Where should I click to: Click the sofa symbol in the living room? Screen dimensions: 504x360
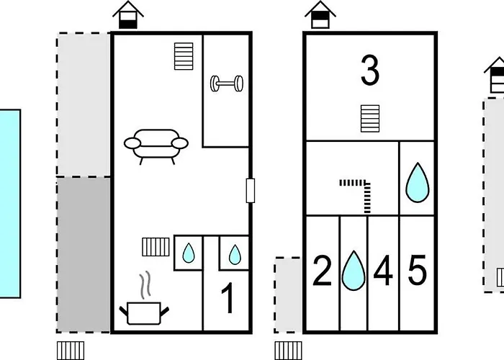[156, 146]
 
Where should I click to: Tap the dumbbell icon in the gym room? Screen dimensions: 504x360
[227, 84]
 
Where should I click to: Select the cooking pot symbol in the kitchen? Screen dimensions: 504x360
[144, 312]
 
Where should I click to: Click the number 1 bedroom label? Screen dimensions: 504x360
[228, 298]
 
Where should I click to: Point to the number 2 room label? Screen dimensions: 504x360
[322, 270]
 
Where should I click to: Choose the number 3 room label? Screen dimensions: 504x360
[370, 70]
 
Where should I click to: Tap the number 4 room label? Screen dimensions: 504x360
[383, 270]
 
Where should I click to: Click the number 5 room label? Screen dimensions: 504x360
[417, 270]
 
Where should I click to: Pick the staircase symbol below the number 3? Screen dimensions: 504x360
[370, 119]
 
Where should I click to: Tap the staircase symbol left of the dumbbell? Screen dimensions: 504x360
[184, 56]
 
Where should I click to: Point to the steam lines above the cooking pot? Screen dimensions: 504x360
[145, 285]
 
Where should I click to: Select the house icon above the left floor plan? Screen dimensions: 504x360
[128, 15]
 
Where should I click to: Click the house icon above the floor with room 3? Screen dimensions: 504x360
[320, 15]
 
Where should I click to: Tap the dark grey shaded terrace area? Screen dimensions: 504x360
[84, 255]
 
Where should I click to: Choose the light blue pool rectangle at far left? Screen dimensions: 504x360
[9, 204]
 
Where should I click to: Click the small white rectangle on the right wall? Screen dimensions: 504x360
[251, 191]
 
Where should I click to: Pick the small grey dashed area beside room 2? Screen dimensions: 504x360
[288, 294]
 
